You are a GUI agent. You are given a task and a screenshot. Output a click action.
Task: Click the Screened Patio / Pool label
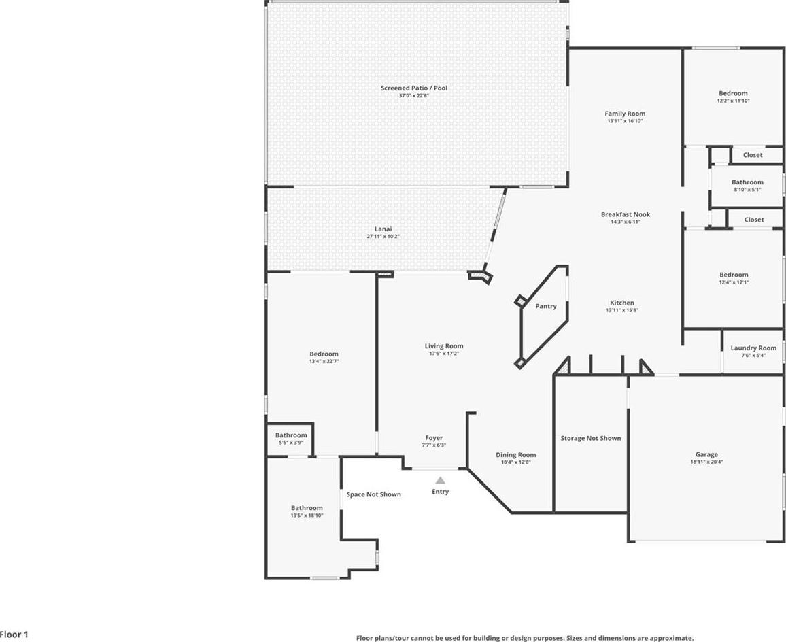413,88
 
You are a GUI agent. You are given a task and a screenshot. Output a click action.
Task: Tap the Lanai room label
383,229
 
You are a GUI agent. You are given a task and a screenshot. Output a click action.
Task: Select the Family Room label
625,114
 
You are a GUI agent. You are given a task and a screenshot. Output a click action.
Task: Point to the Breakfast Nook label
626,215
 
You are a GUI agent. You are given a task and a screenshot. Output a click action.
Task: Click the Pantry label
545,307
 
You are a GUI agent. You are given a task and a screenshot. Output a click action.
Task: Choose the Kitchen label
621,303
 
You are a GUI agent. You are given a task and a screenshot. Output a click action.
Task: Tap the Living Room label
443,346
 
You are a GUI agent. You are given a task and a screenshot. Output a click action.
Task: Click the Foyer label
434,438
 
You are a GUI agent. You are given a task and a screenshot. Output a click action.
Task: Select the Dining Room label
515,455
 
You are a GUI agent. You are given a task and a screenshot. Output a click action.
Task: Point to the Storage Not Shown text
590,439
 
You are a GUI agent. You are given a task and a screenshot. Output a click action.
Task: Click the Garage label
706,455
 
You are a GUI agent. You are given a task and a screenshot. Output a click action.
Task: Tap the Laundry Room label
753,348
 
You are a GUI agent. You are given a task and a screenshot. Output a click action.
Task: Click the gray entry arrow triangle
440,480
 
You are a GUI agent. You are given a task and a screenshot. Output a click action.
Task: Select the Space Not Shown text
373,494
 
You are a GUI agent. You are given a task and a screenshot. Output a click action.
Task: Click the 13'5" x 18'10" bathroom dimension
307,515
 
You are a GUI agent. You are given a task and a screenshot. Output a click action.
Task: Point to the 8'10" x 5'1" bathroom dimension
747,190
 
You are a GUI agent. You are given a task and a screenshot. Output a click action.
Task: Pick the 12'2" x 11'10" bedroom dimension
733,101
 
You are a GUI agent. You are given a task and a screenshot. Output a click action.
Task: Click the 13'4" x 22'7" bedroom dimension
324,361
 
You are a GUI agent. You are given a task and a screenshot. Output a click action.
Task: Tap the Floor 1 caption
14,635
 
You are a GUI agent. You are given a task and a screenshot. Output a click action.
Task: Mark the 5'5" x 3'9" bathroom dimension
291,442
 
